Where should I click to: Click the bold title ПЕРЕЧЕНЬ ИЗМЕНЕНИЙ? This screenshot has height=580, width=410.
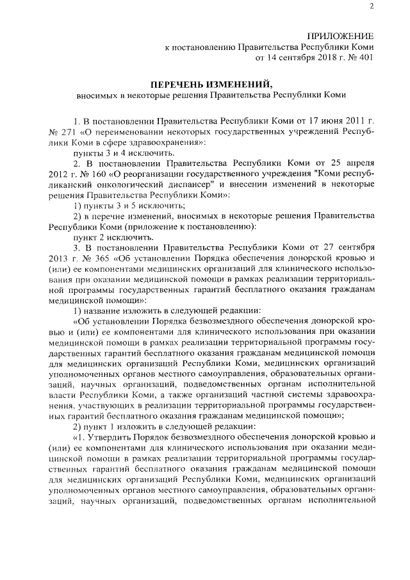211,84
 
